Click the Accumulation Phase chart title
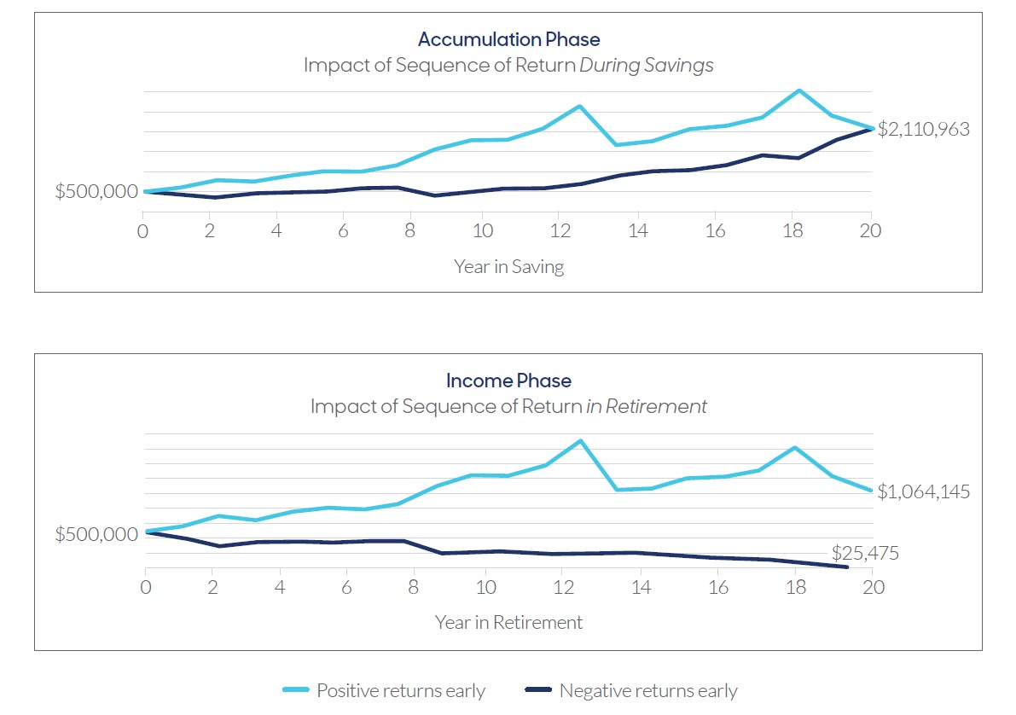point(508,39)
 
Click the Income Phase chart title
point(508,381)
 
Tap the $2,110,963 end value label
point(924,130)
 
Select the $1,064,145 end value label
point(924,492)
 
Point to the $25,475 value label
point(865,554)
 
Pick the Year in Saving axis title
point(508,266)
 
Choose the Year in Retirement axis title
point(508,623)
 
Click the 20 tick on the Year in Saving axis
point(870,231)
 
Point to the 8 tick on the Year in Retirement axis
point(414,587)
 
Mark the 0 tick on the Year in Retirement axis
point(145,587)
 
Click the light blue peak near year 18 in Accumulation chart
point(798,90)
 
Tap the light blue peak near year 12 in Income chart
point(580,441)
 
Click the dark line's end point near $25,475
point(847,567)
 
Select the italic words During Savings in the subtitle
point(646,66)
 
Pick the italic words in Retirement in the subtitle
point(646,407)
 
